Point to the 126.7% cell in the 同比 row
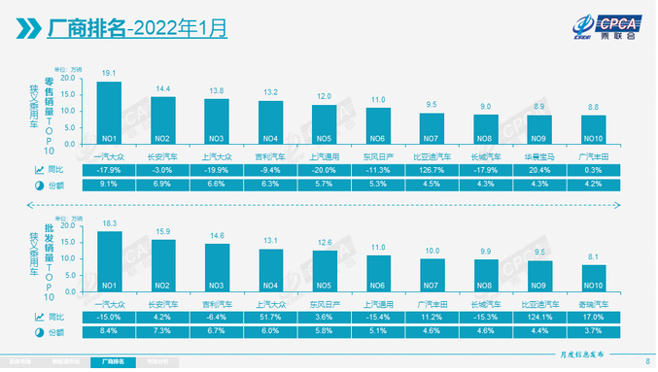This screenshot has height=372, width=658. point(432,169)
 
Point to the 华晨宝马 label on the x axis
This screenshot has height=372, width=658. point(539,155)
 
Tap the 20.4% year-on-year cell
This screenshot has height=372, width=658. point(539,169)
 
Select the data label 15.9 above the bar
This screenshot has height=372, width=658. point(162,231)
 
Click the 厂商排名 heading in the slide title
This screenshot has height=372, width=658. point(88,29)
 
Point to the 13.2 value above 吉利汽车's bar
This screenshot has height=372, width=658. point(270,92)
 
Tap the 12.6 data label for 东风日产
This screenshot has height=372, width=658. point(324,243)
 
